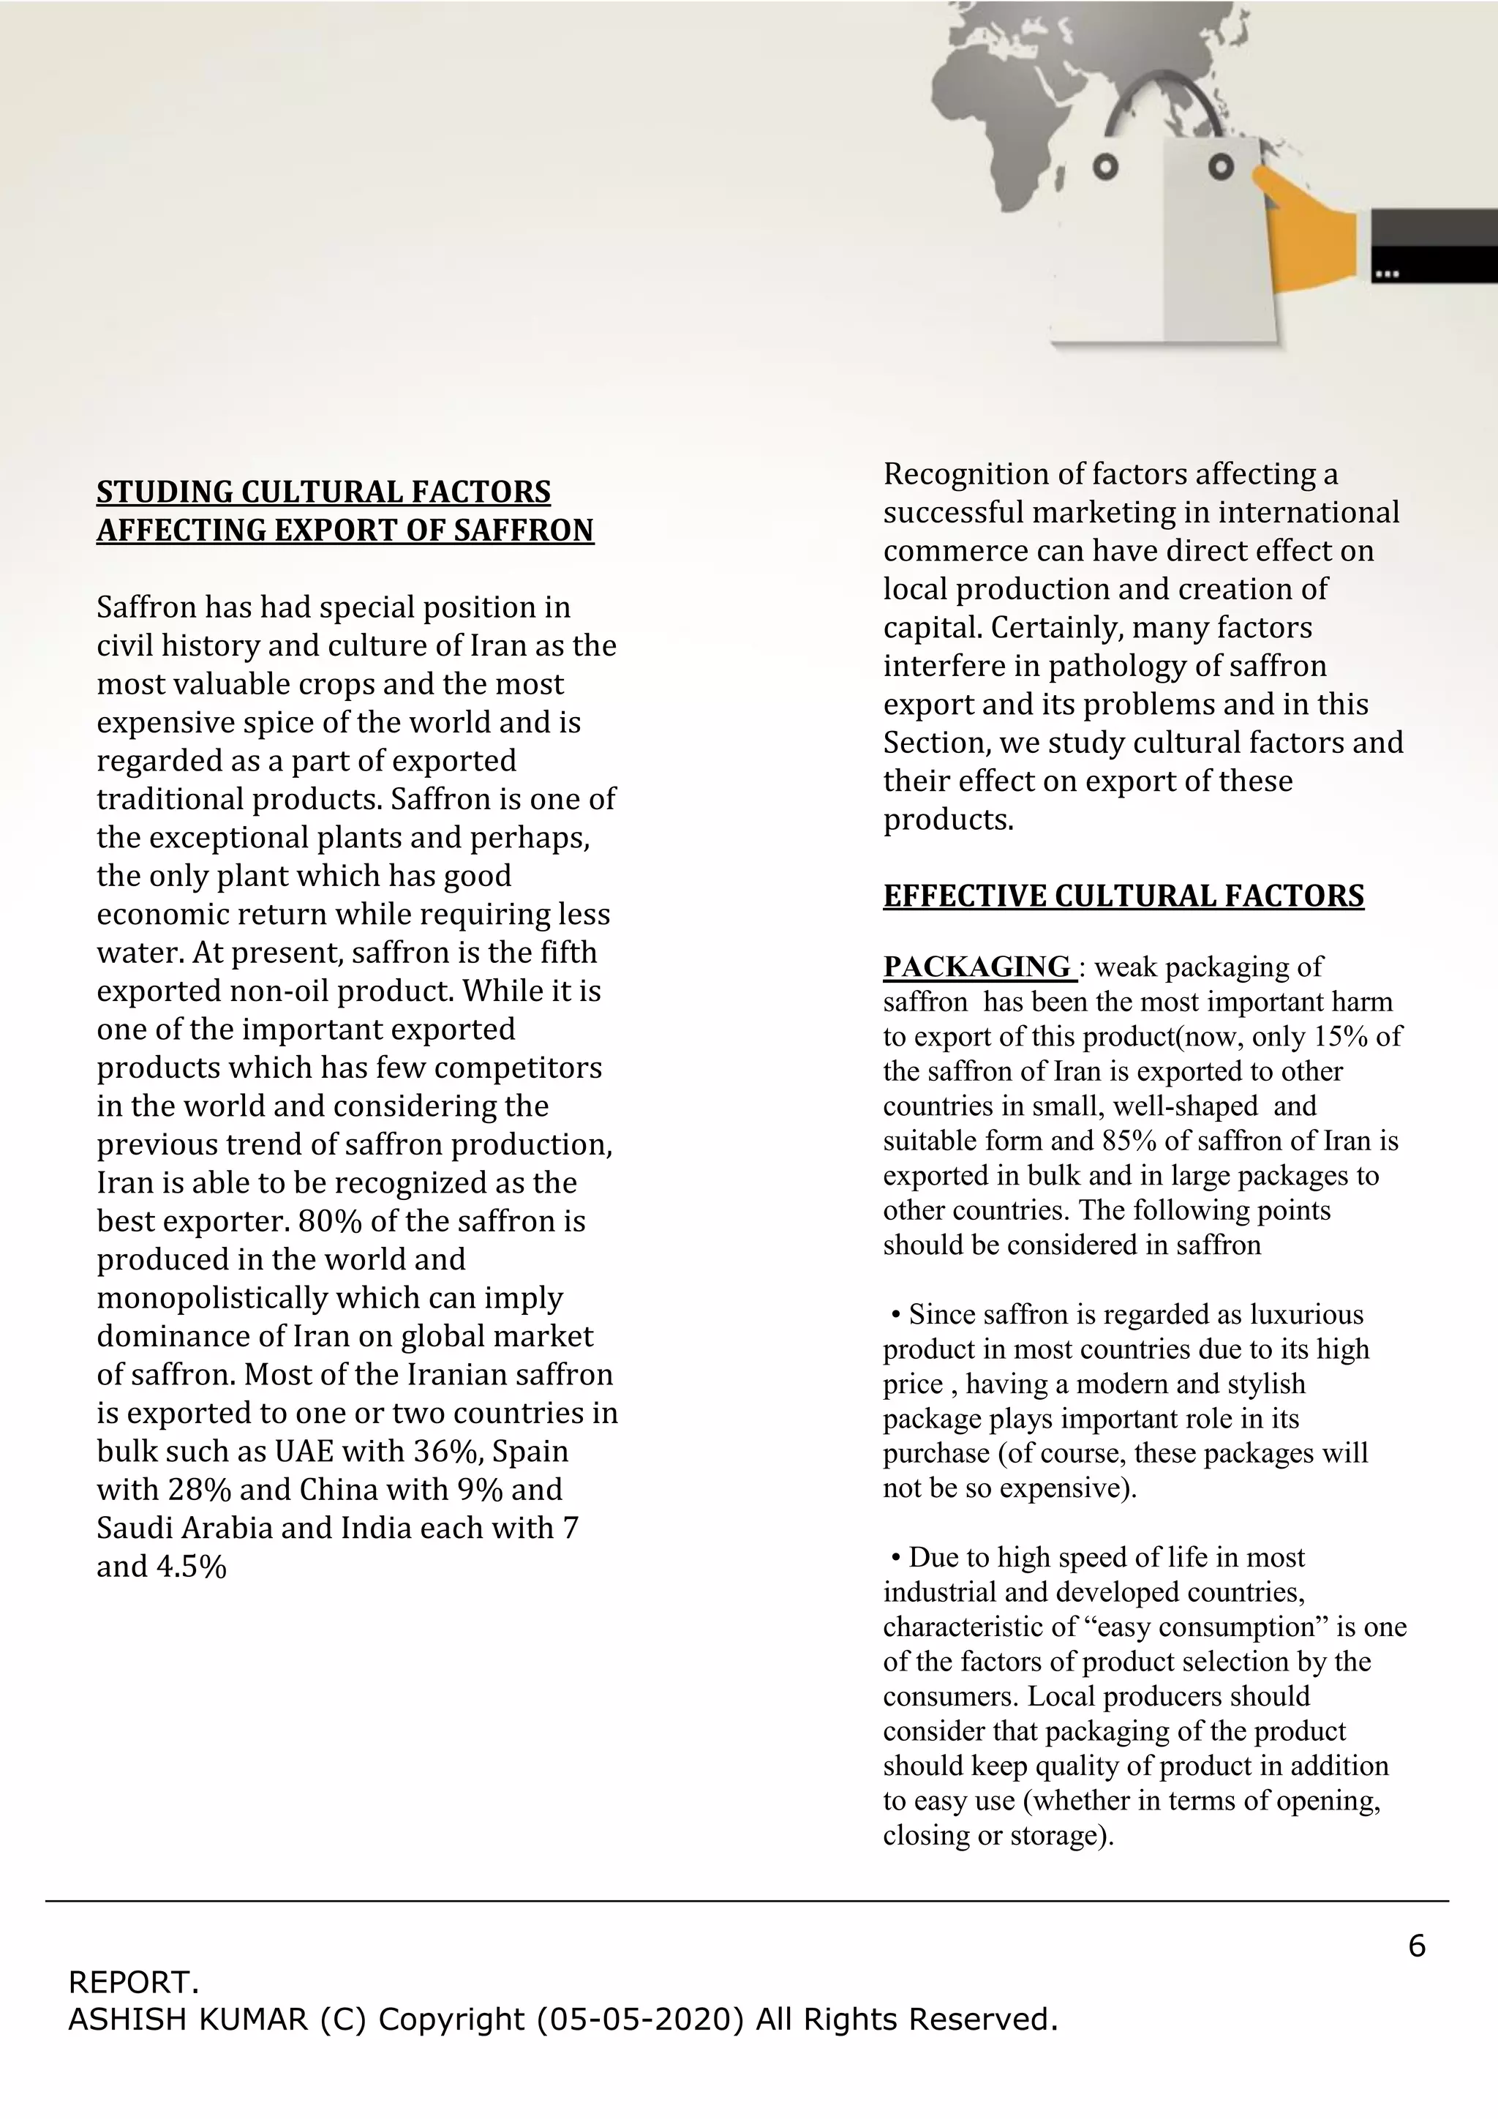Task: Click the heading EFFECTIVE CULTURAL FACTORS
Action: click(x=1123, y=896)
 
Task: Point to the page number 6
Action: click(x=1417, y=1946)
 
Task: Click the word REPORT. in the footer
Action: click(x=133, y=1981)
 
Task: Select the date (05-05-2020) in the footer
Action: click(x=640, y=2019)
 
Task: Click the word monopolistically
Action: click(x=212, y=1297)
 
